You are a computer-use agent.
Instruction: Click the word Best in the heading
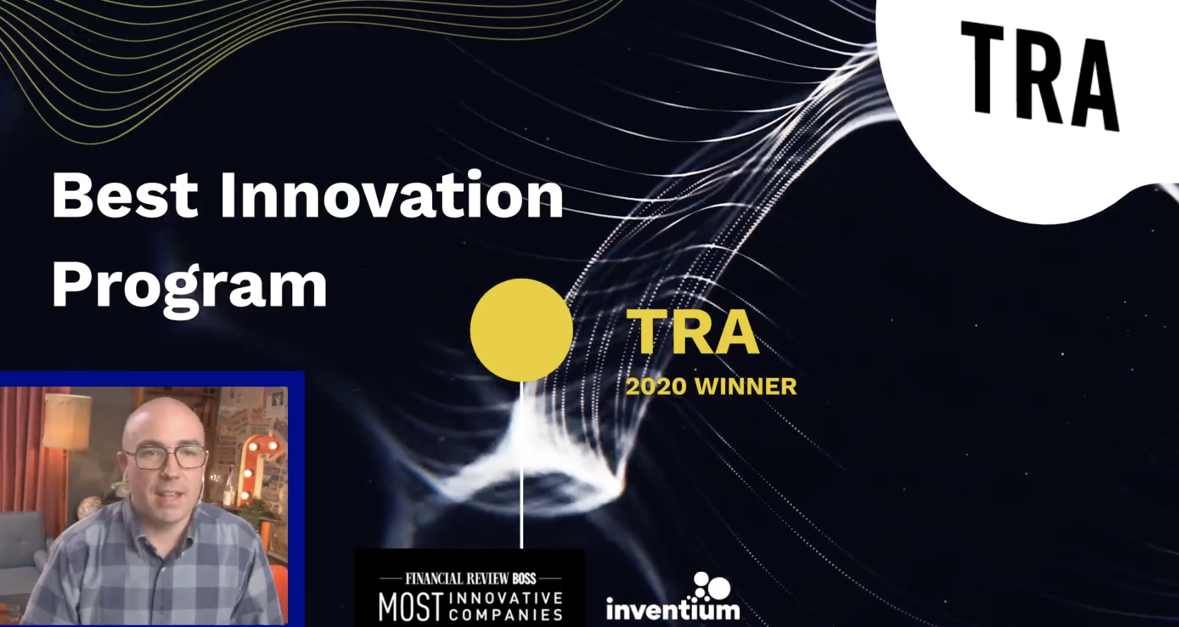point(124,196)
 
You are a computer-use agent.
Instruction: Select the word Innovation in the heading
point(392,196)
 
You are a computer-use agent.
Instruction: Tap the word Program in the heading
point(189,287)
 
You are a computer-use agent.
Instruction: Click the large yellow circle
point(521,330)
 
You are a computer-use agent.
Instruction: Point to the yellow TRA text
point(692,333)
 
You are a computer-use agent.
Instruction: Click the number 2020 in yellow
point(656,387)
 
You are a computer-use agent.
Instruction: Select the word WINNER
point(746,387)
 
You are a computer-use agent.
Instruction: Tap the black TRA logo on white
point(1039,76)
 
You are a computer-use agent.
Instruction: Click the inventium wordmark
point(673,609)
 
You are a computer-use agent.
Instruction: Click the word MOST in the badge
point(410,607)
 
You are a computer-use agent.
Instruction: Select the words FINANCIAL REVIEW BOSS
point(471,579)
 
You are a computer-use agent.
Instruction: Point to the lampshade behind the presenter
point(67,419)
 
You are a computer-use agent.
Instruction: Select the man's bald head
point(162,421)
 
